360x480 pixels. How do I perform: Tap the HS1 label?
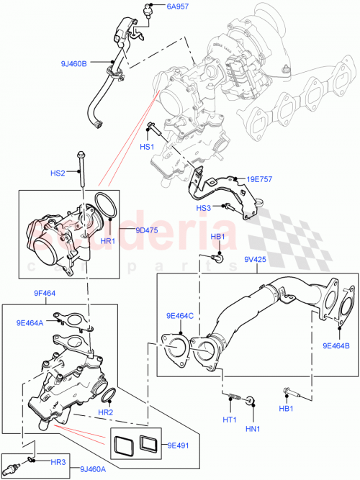[x=147, y=147]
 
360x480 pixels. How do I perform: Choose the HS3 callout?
[x=206, y=207]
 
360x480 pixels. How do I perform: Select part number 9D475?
[x=147, y=231]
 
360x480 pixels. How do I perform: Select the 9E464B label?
[x=336, y=344]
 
